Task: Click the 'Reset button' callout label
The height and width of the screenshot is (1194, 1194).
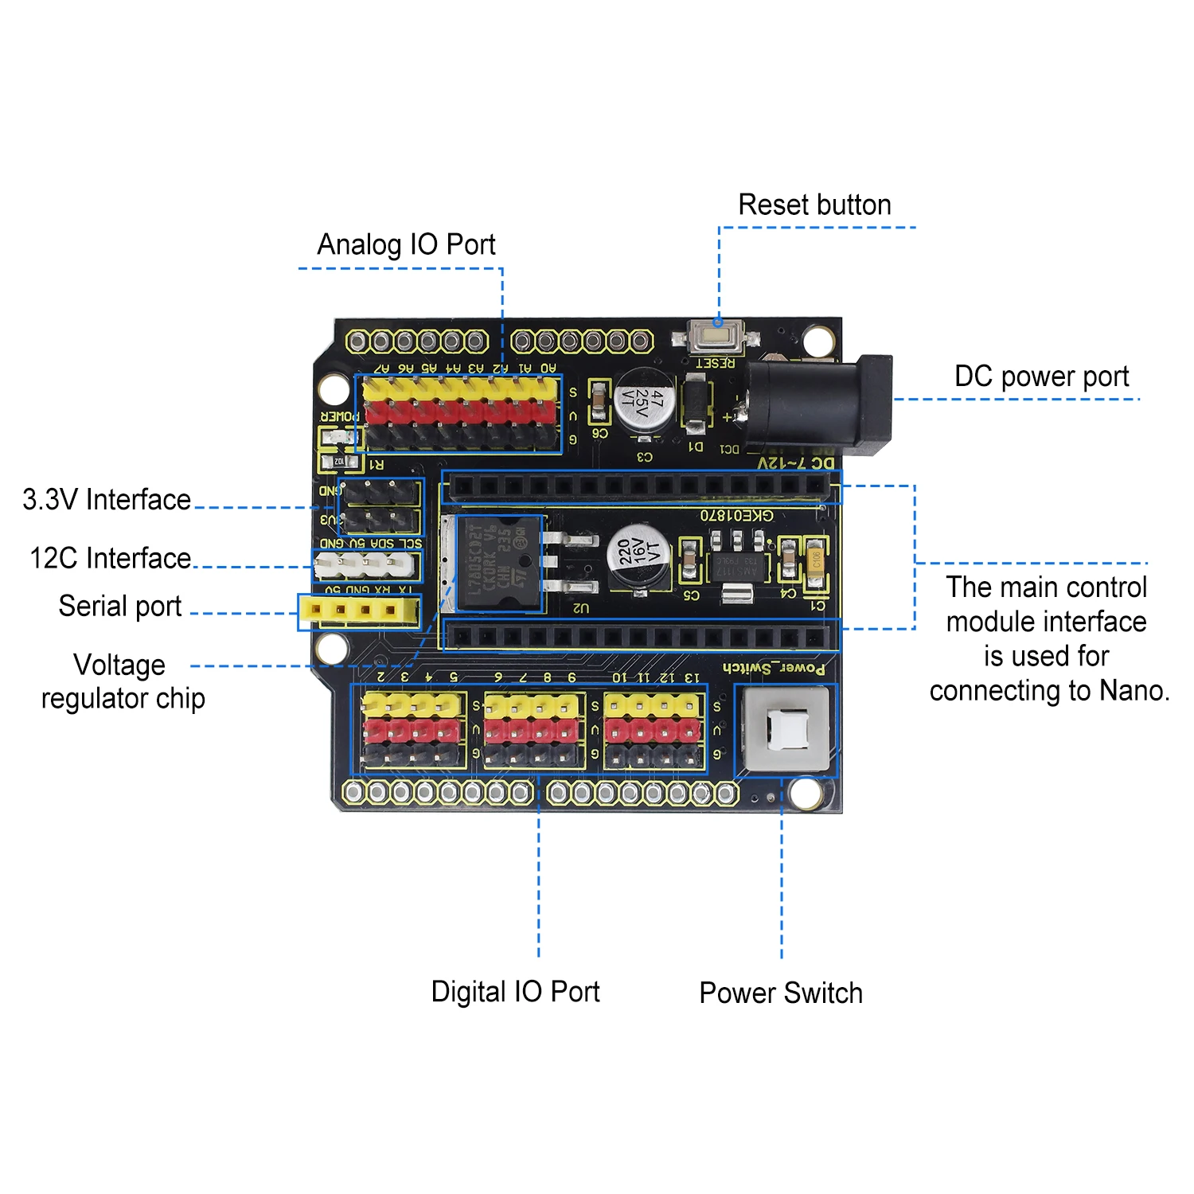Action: pyautogui.click(x=814, y=205)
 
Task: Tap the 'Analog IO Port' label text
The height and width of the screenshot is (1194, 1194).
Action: pyautogui.click(x=406, y=244)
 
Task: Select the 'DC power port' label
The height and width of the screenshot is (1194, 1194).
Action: pyautogui.click(x=1041, y=377)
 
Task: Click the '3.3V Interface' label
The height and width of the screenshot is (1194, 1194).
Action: pyautogui.click(x=107, y=500)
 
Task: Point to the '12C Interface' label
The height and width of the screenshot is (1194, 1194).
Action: pyautogui.click(x=111, y=559)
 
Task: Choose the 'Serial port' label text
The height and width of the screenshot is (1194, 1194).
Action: pyautogui.click(x=120, y=607)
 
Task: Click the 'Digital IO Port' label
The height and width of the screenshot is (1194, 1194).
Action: pyautogui.click(x=515, y=992)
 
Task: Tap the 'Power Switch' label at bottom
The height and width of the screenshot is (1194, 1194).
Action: pyautogui.click(x=781, y=993)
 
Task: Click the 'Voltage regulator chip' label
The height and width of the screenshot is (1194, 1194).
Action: pyautogui.click(x=123, y=682)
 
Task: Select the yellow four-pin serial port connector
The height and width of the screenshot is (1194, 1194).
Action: pyautogui.click(x=359, y=611)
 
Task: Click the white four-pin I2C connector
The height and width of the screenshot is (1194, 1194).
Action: pyautogui.click(x=365, y=565)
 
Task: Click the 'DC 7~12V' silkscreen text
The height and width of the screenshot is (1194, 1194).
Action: pyautogui.click(x=795, y=462)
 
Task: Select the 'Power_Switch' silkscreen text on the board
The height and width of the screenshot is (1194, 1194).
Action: pyautogui.click(x=774, y=668)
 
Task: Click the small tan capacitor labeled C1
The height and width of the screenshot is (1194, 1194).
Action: pyautogui.click(x=815, y=560)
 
